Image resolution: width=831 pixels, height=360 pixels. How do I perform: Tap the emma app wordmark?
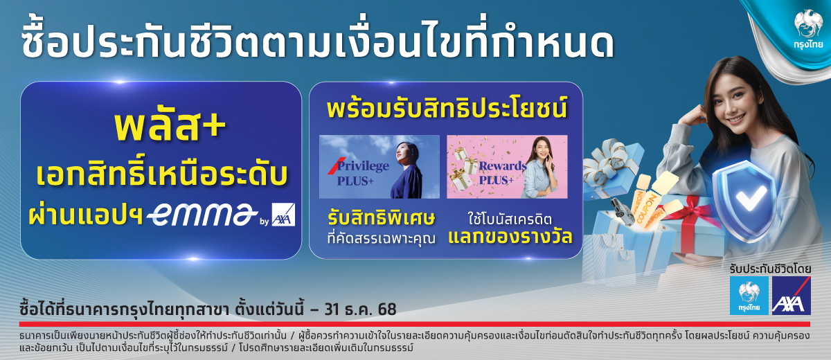(202, 215)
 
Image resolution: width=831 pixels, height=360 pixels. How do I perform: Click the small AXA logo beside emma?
(283, 215)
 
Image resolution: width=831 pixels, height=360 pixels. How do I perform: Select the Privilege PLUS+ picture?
(379, 166)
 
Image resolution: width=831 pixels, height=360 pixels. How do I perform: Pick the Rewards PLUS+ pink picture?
(507, 166)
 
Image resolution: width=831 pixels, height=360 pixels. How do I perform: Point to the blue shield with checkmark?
(745, 200)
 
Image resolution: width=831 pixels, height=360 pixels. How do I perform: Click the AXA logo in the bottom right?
(792, 296)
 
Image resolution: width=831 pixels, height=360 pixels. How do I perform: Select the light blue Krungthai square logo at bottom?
(749, 296)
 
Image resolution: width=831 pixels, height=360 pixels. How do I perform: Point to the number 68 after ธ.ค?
(387, 309)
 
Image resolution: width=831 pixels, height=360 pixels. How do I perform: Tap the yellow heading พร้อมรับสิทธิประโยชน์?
(447, 108)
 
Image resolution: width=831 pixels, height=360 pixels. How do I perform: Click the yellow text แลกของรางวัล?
(510, 237)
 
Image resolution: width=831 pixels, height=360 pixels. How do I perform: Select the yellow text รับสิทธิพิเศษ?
(381, 218)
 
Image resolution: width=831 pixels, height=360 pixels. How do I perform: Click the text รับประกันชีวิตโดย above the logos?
(770, 269)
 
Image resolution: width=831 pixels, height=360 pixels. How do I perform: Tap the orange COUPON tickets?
(650, 202)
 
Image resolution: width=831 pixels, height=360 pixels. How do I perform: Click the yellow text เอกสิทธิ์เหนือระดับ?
(162, 174)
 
